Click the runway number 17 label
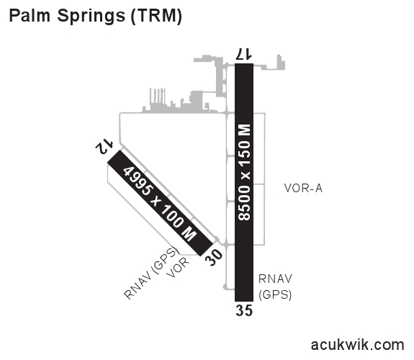coord(244,54)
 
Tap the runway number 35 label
coord(244,310)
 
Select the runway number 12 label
coord(104,146)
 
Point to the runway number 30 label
coord(214,258)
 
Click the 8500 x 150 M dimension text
coord(244,172)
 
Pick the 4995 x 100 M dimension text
coord(161,204)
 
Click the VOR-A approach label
coord(303,189)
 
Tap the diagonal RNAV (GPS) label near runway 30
coord(150,273)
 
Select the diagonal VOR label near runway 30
coord(178,267)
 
